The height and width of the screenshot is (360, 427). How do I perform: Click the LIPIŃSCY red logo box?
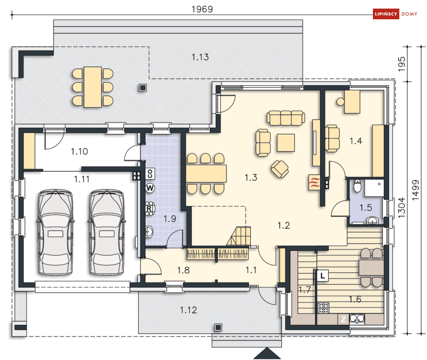point(386,14)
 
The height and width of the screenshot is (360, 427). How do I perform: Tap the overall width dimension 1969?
point(202,9)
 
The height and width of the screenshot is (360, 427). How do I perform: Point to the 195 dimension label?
point(402,64)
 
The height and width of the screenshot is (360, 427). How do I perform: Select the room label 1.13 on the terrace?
point(200,57)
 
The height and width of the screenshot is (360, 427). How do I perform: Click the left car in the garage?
point(55,232)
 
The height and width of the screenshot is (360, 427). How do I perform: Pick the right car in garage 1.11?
point(107,232)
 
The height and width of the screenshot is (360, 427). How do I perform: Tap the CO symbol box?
point(150,173)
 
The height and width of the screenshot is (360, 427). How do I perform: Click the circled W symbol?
point(150,188)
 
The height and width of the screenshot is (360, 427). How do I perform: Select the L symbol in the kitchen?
point(323,275)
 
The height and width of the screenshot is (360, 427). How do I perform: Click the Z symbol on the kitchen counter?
point(343,319)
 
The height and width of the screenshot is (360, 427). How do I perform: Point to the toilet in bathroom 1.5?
point(357,185)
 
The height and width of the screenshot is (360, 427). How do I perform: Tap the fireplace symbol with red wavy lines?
point(314,182)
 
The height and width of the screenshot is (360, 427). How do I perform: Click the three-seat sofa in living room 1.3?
point(286,118)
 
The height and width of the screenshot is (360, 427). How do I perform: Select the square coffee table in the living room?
point(286,142)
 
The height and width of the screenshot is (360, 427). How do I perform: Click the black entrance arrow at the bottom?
point(267,353)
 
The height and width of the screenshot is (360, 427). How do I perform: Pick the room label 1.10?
point(79,151)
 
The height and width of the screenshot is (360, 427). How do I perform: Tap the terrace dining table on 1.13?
point(93,87)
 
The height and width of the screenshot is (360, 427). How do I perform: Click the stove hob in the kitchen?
point(324,308)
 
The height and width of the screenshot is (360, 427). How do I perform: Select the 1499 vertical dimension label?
point(415,190)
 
